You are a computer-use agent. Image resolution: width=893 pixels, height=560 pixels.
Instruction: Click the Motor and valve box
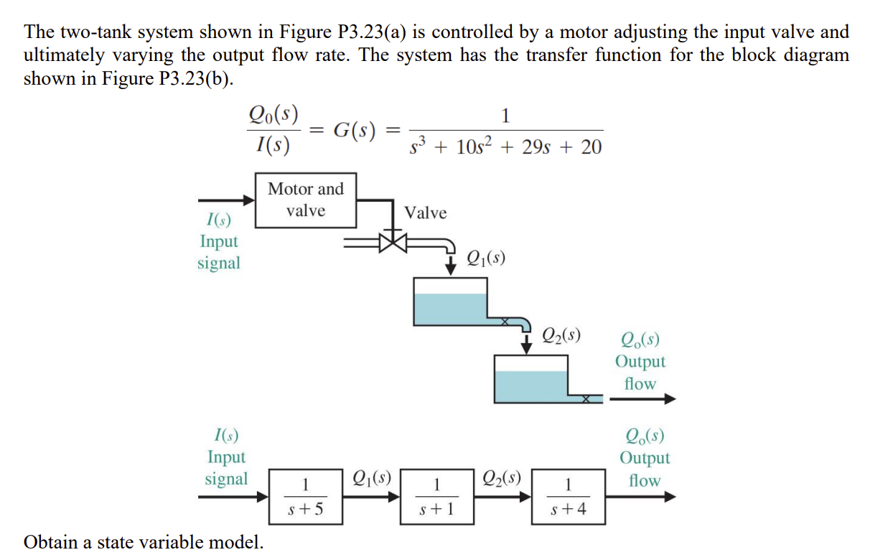(306, 200)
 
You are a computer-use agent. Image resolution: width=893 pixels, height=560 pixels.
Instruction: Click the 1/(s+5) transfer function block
(305, 496)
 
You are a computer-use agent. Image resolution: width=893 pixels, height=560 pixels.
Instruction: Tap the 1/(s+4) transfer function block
(568, 496)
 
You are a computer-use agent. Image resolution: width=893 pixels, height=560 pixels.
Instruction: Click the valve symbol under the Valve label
(393, 242)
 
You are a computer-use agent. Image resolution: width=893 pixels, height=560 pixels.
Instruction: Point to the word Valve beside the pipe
(425, 213)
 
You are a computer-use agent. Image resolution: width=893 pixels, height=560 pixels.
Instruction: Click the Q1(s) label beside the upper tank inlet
(485, 257)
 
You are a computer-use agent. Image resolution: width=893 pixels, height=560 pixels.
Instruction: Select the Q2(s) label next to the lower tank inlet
(561, 335)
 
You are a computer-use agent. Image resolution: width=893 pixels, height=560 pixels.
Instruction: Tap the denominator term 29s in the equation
(545, 147)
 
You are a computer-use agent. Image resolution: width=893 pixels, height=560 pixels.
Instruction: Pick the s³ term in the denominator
(419, 147)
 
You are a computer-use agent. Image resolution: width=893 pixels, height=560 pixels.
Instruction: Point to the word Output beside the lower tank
(640, 362)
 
